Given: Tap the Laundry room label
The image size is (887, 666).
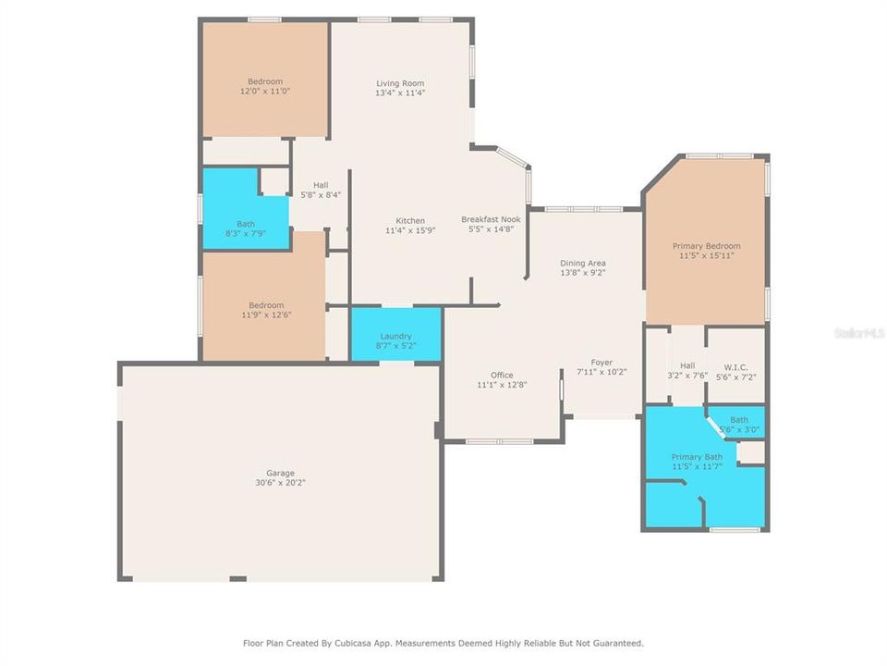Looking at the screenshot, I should click(396, 336).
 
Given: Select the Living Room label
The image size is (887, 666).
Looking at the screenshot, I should click(400, 83).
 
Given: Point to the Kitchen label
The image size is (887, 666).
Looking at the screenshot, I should click(410, 220).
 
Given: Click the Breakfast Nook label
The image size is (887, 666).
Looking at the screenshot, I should click(491, 219).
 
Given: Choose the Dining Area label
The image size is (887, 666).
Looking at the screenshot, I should click(583, 264).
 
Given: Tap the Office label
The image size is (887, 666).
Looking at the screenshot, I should click(502, 375).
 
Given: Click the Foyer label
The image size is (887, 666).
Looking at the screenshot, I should click(601, 362).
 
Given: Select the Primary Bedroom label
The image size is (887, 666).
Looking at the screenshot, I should click(706, 246).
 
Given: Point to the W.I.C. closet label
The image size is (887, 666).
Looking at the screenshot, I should click(736, 365).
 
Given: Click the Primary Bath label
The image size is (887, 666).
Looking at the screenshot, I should click(697, 457).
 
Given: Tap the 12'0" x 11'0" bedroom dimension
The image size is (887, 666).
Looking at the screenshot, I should click(265, 92).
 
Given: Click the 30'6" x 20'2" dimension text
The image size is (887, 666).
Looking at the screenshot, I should click(280, 482).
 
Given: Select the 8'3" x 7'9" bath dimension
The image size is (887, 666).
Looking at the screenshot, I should click(246, 233).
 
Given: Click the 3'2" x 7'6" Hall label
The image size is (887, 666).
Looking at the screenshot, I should click(687, 376).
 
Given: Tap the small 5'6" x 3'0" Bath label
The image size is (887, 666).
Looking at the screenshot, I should click(739, 429).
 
